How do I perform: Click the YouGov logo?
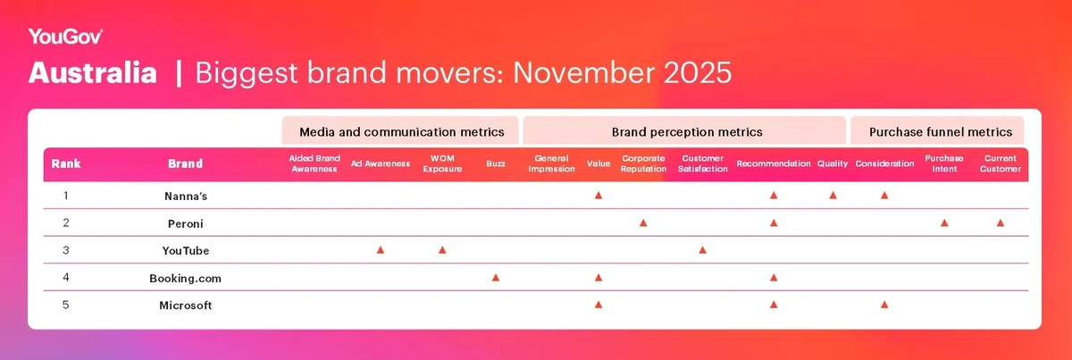tap(65, 37)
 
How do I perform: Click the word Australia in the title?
tap(93, 73)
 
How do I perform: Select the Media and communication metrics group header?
tap(401, 131)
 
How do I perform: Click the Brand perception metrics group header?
tap(686, 131)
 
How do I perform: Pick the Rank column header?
tap(66, 164)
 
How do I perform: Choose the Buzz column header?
tap(496, 164)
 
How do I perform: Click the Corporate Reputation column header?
tap(643, 164)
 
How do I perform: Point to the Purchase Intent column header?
tap(944, 164)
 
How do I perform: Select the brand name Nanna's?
tap(185, 195)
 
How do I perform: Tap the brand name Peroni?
tap(185, 222)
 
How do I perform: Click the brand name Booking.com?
tap(185, 278)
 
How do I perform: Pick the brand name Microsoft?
tap(185, 306)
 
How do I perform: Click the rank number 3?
tap(66, 250)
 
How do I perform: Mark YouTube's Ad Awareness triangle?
tap(381, 250)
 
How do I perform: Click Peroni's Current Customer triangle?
tap(1001, 222)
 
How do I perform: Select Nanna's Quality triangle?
tap(833, 195)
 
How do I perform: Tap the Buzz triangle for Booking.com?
tap(496, 278)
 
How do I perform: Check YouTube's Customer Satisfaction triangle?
tap(703, 250)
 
